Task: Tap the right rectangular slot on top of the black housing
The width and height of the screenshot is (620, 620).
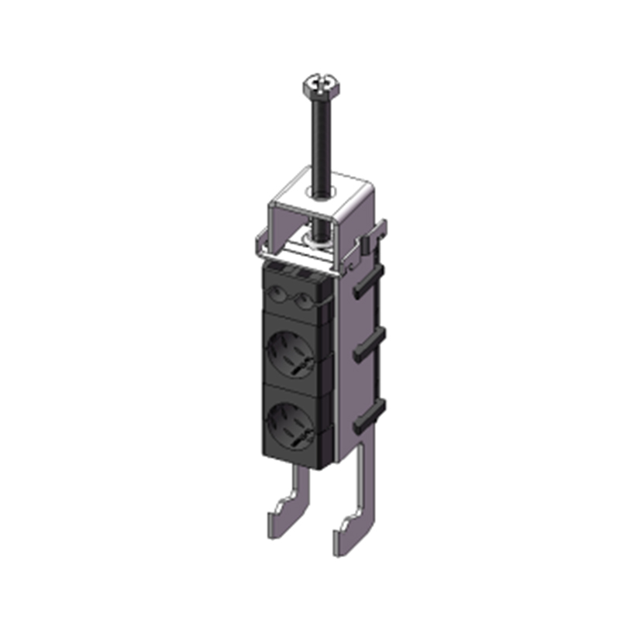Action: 304,274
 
